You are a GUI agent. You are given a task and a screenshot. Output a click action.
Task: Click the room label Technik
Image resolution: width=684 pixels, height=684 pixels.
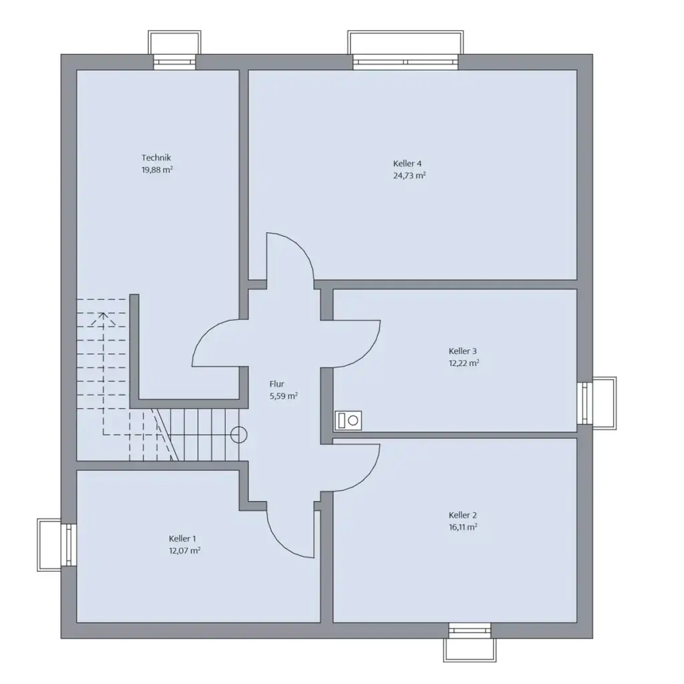pos(157,158)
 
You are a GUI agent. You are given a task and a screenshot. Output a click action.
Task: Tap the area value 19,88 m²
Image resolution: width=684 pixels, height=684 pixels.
pos(157,170)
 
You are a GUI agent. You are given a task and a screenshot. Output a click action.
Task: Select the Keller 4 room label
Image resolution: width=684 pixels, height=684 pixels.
pos(407,164)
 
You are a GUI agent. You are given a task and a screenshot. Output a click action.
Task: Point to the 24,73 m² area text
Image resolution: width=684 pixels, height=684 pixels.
pos(409,176)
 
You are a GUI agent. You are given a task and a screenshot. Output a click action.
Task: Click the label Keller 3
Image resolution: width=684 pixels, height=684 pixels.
pos(463,351)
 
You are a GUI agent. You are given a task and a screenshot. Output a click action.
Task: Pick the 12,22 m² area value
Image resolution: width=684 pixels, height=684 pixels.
pos(464,363)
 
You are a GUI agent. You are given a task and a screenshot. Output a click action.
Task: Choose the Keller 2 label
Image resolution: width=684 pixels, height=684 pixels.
pos(463,515)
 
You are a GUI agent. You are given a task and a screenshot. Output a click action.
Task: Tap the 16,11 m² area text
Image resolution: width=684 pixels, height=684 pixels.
pos(463,527)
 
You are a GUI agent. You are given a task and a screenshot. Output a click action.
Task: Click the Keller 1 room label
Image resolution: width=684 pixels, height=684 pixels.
pos(182,538)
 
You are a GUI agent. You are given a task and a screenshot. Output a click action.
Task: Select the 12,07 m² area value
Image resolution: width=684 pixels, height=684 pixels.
pos(184,550)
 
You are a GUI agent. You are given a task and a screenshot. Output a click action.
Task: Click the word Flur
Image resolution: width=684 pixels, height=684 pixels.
pos(277,384)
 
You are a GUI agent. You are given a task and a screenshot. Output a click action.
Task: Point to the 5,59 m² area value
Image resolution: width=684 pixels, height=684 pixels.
pos(283,395)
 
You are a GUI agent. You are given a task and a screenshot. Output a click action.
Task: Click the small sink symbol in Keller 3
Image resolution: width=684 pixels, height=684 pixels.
pos(348,420)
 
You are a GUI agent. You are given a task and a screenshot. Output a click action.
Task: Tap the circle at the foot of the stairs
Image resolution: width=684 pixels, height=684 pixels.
pos(238,436)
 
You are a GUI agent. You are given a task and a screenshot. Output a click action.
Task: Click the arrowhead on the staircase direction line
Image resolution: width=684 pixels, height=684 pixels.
pos(102,316)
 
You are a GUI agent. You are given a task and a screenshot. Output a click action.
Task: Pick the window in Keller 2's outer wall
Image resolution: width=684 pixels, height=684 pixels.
pos(470,631)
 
